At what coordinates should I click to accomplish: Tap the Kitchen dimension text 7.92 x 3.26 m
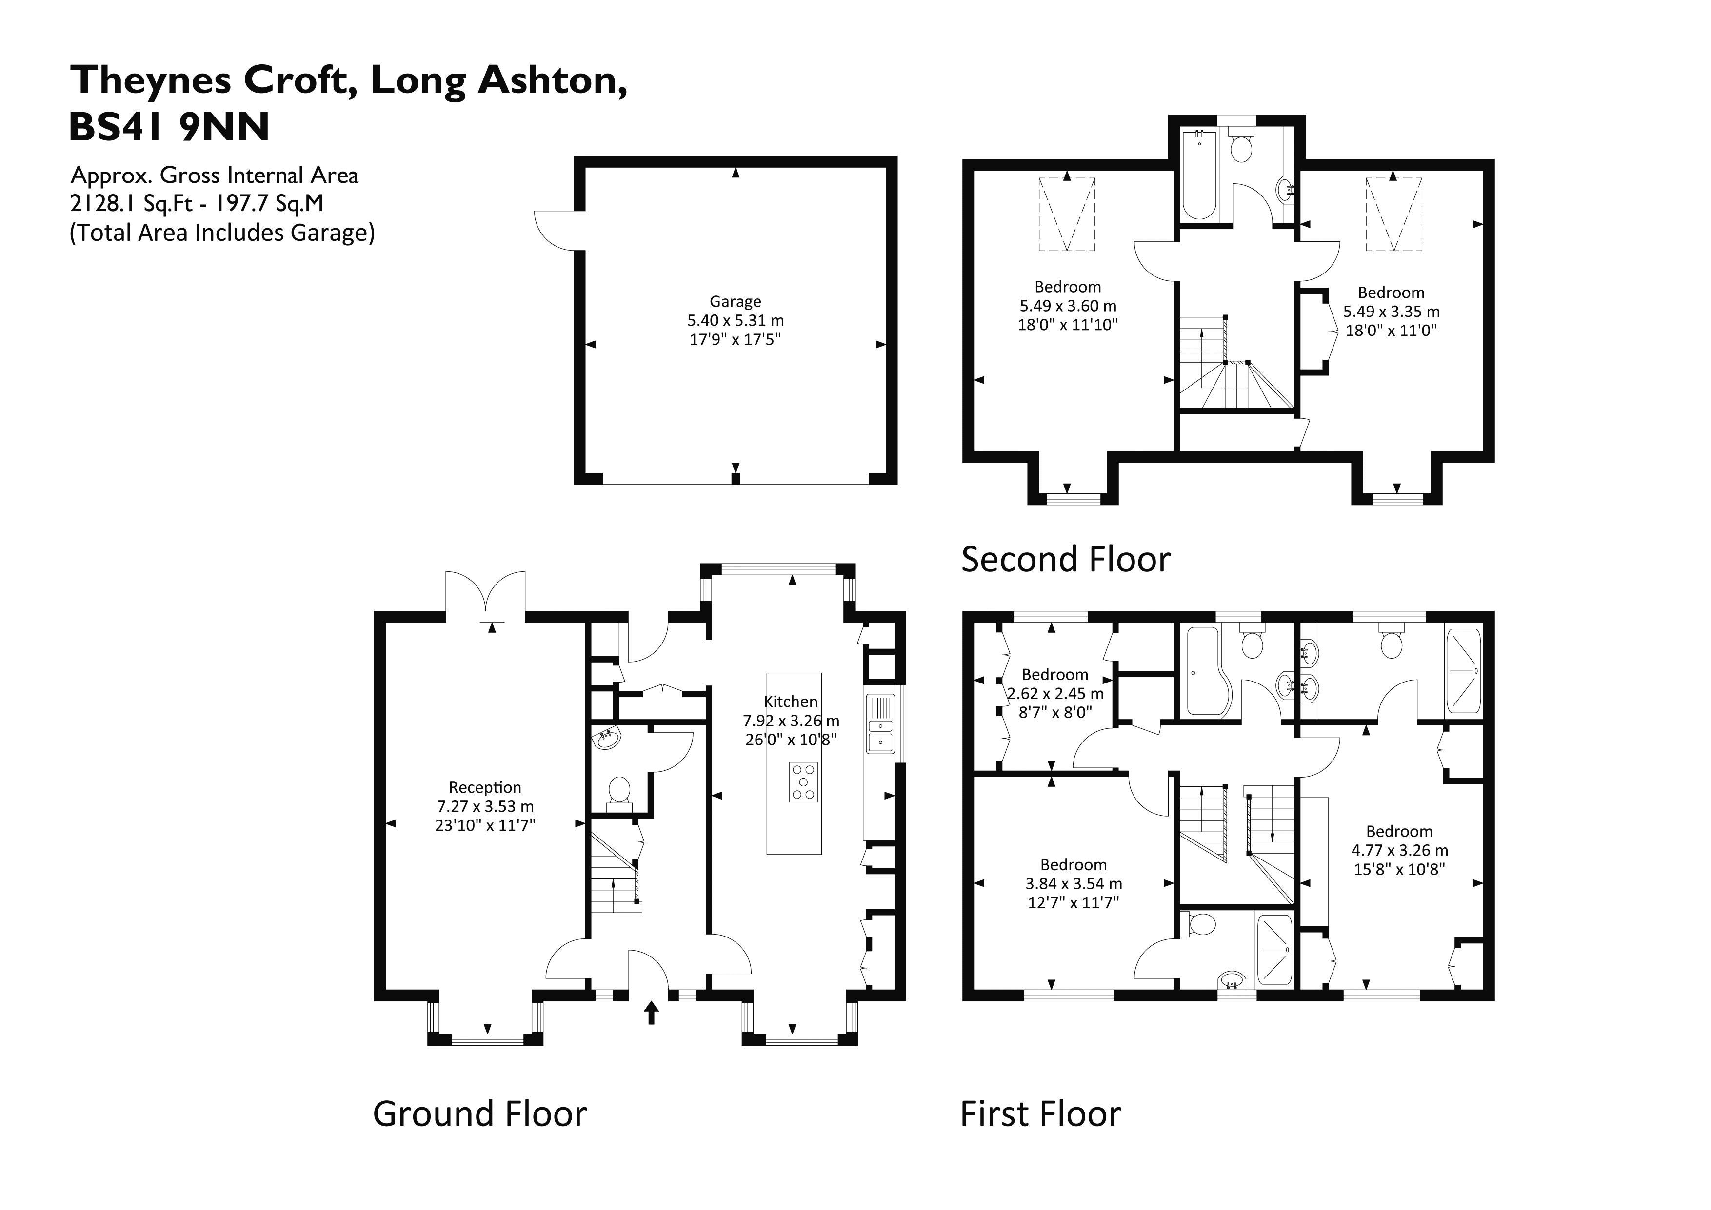click(791, 721)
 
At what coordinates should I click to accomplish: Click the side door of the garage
click(555, 230)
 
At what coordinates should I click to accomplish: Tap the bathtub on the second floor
click(1199, 176)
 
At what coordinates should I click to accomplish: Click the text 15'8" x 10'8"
click(1399, 869)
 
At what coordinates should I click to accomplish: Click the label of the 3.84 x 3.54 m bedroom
click(1073, 865)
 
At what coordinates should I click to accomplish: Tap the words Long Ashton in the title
click(498, 80)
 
